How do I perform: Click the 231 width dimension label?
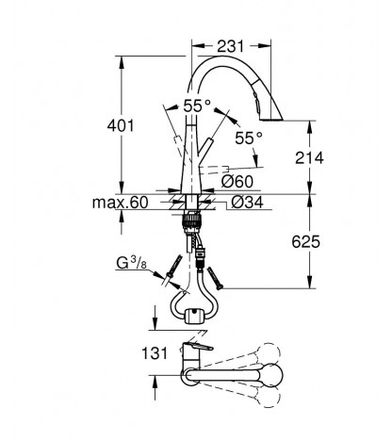click(x=231, y=46)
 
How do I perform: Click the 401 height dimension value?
click(x=121, y=125)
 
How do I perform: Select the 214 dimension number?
click(x=309, y=157)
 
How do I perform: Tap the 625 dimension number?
click(x=306, y=241)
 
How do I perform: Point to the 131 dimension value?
click(x=155, y=353)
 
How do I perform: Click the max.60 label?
click(x=120, y=203)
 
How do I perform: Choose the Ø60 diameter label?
click(x=237, y=181)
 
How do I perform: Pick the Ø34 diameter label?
click(x=247, y=203)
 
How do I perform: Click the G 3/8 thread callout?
click(x=131, y=263)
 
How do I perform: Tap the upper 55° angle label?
click(x=197, y=106)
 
